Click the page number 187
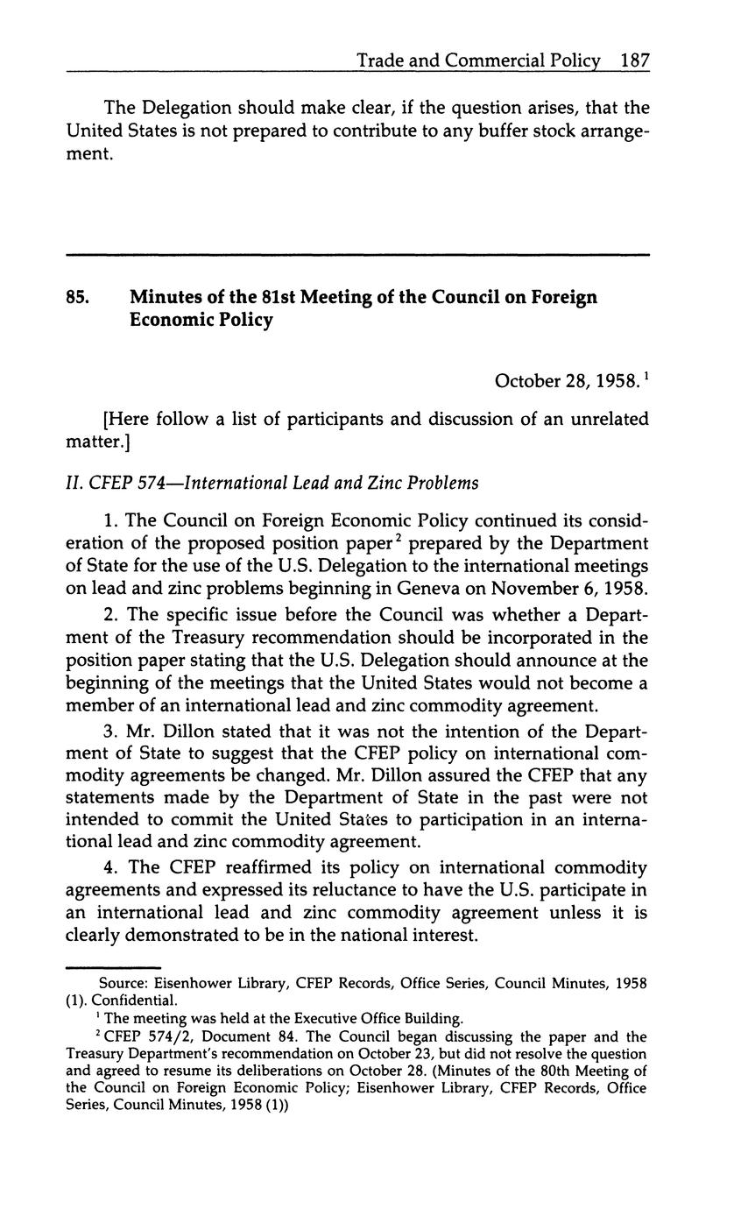coord(635,61)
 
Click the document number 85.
coord(77,297)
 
